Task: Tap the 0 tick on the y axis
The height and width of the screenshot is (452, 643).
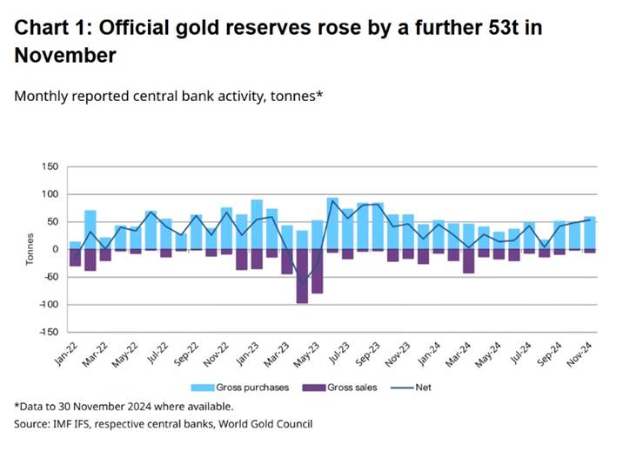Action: coord(55,249)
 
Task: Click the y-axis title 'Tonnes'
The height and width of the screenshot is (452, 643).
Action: coord(29,250)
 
